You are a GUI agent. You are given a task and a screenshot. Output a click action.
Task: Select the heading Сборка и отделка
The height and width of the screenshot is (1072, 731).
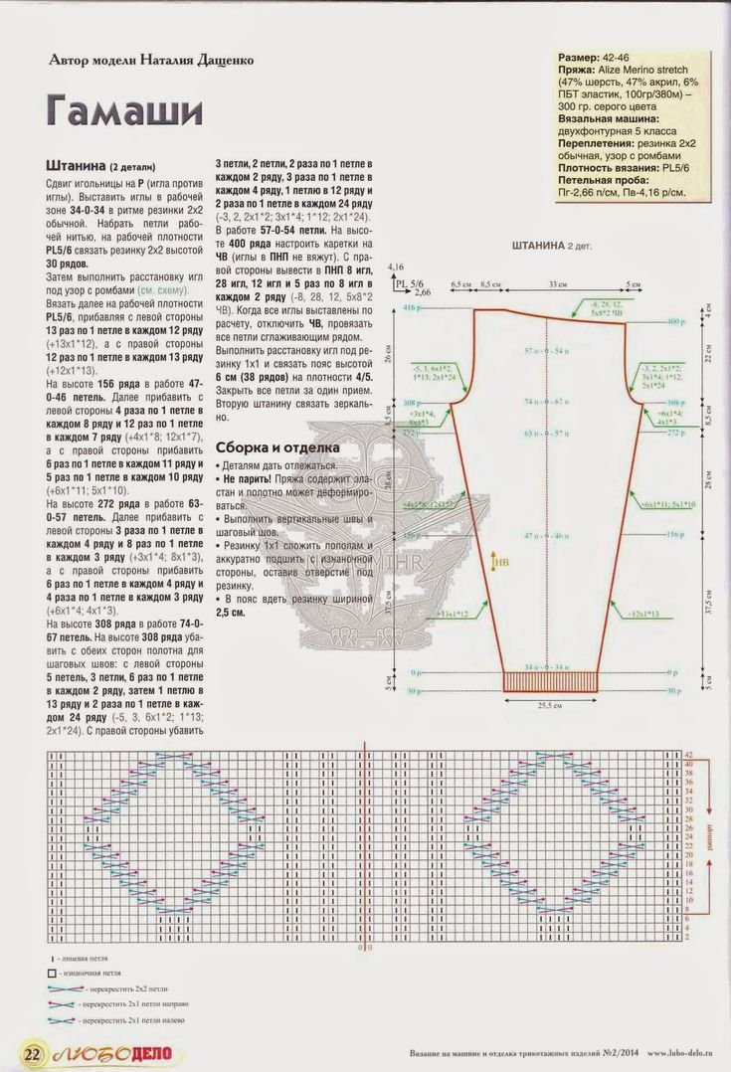point(277,447)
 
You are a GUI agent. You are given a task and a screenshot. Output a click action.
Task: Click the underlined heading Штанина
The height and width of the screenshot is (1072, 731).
point(76,164)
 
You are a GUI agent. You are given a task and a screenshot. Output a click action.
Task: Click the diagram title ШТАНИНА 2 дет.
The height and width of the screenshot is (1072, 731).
point(550,244)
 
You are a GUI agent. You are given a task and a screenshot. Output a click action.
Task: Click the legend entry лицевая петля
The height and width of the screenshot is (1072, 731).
point(88,955)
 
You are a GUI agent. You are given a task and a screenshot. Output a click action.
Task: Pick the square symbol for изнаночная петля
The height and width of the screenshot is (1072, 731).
point(51,972)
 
